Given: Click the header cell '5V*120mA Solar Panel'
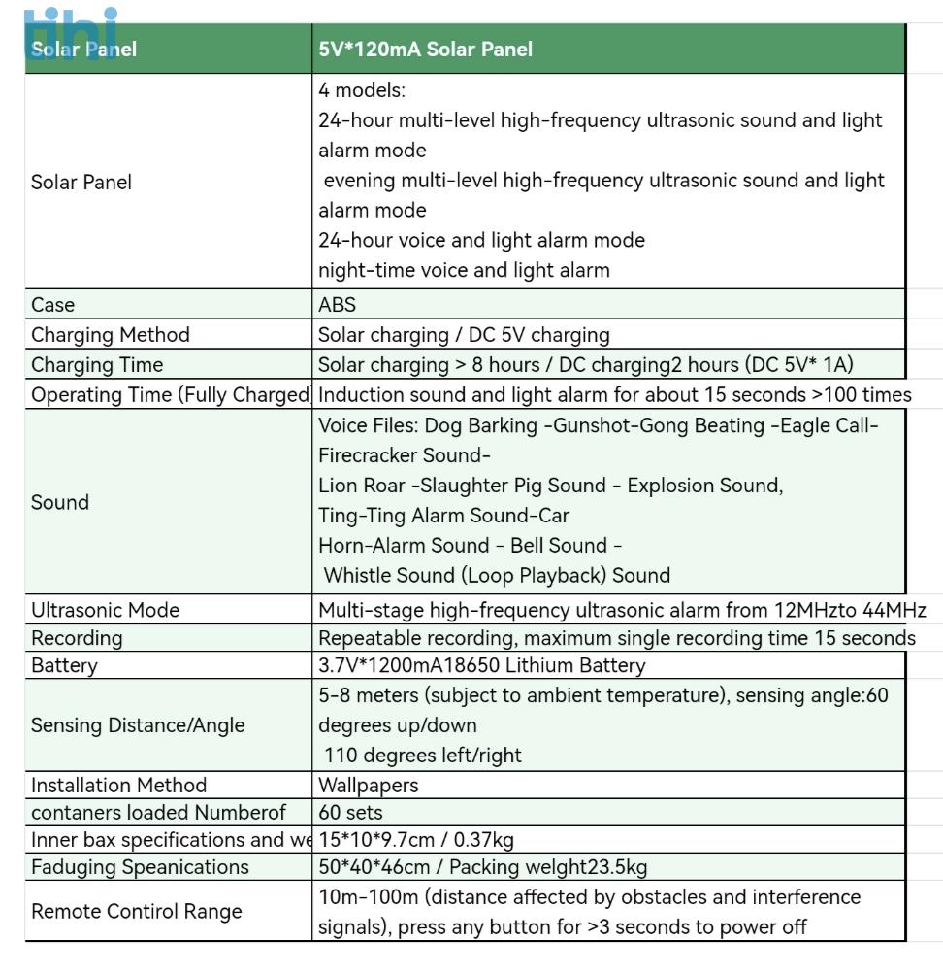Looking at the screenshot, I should tap(425, 50).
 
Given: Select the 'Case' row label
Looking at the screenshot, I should tap(53, 305).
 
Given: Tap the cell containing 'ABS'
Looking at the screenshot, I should tap(338, 305).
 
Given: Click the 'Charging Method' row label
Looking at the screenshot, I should tap(111, 335).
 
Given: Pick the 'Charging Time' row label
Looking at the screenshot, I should tap(97, 365).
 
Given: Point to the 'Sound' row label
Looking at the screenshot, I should tap(60, 502).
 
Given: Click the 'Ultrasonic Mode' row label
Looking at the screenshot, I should tap(106, 610).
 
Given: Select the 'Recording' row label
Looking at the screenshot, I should tap(77, 638).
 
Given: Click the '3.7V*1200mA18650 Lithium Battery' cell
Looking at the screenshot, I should tap(481, 665).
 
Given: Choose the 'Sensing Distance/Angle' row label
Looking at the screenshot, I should tap(138, 725).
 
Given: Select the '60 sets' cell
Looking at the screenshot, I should tap(350, 813).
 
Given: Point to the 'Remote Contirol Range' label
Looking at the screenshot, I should tap(137, 911).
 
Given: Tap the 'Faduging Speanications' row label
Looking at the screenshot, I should tap(140, 867).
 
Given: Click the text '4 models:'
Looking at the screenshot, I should tap(362, 90).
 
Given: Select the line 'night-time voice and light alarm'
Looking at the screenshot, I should tap(464, 270).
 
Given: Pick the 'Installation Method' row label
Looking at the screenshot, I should tap(118, 785).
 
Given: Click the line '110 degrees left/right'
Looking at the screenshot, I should tap(422, 756).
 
